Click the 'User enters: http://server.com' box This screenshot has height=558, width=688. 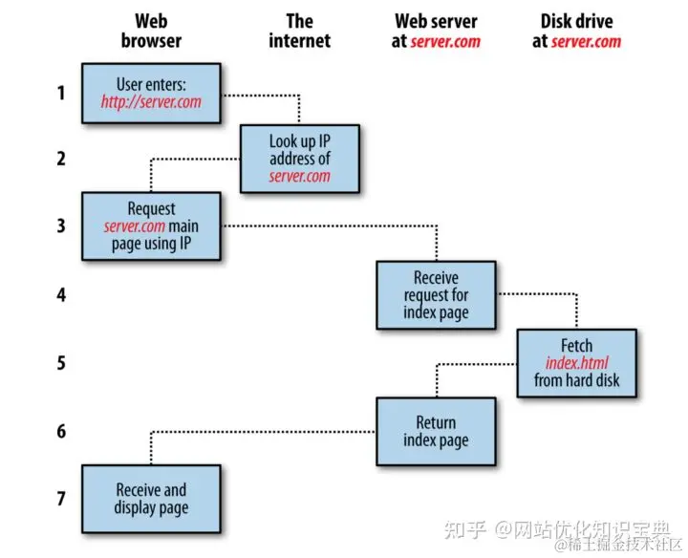tap(151, 93)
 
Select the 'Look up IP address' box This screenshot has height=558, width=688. tap(299, 158)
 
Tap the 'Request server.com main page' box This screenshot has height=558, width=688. tap(151, 226)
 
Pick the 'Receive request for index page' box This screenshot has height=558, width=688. tap(436, 295)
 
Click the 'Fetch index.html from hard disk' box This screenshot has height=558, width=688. tap(576, 363)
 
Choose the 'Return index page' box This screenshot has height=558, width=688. tap(436, 431)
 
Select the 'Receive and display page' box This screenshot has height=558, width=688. tap(151, 499)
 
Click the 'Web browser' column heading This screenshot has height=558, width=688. tap(151, 30)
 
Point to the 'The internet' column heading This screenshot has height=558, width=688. tap(299, 30)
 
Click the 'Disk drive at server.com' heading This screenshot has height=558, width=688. tap(576, 30)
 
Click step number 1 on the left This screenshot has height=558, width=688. tap(61, 93)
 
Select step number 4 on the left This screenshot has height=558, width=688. tap(61, 295)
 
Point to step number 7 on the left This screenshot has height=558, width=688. tap(61, 499)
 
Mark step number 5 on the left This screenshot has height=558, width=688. tap(61, 363)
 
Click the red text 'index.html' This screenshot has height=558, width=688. tap(576, 363)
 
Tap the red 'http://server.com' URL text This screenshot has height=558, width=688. tap(151, 101)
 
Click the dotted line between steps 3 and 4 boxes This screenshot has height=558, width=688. tap(334, 226)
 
